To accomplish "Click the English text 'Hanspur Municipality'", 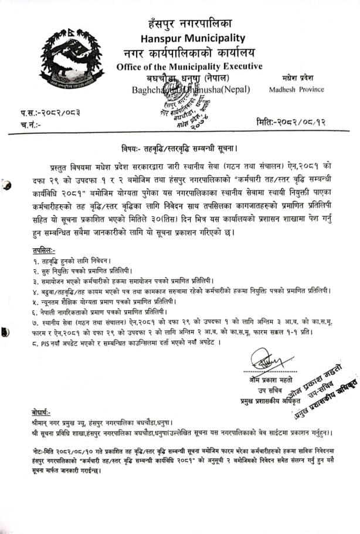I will click(189, 38).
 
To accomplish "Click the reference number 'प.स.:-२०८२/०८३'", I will click(52, 112).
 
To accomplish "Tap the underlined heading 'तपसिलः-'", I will click(44, 249).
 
